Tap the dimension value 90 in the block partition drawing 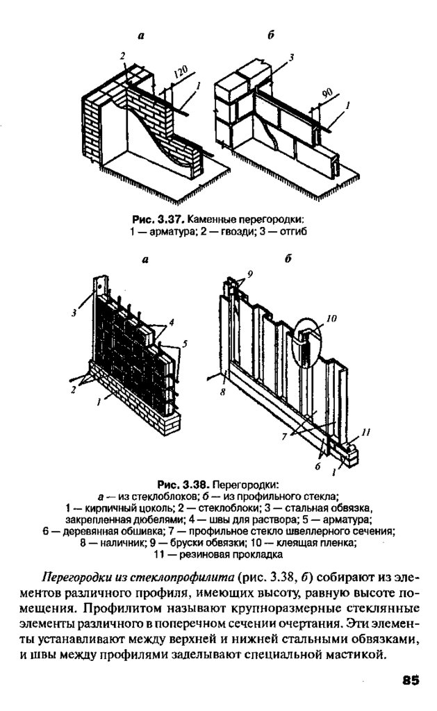click(x=327, y=94)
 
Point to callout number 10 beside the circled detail click(x=331, y=318)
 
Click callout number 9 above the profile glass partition click(x=249, y=274)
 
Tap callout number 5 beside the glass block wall click(x=185, y=344)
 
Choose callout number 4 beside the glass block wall click(x=172, y=322)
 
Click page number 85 click(x=410, y=680)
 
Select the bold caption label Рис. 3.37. click(x=158, y=220)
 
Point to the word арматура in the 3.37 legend click(x=158, y=231)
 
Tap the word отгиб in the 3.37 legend click(x=295, y=231)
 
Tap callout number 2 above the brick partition click(x=122, y=56)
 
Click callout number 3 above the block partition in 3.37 click(x=291, y=58)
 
